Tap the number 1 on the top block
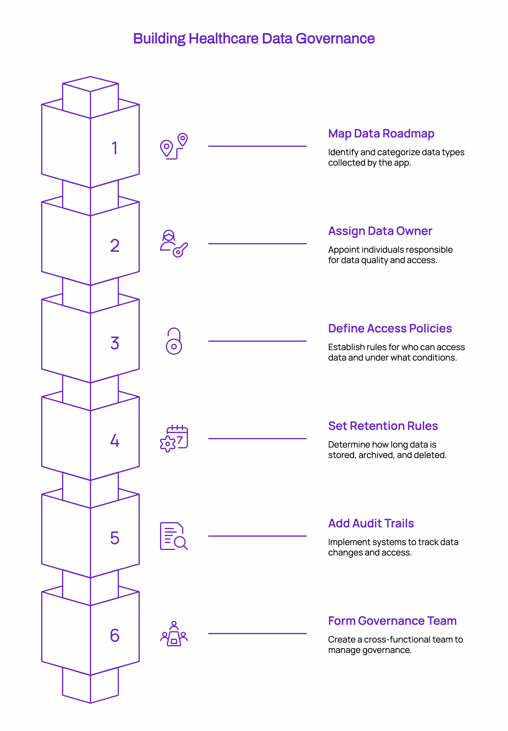(x=115, y=148)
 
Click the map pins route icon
(x=174, y=146)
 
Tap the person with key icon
(x=174, y=244)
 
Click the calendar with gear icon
(x=174, y=438)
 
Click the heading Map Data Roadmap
(x=381, y=133)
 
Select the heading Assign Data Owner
(x=380, y=231)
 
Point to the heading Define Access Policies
(x=390, y=328)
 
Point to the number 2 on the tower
(x=115, y=246)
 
